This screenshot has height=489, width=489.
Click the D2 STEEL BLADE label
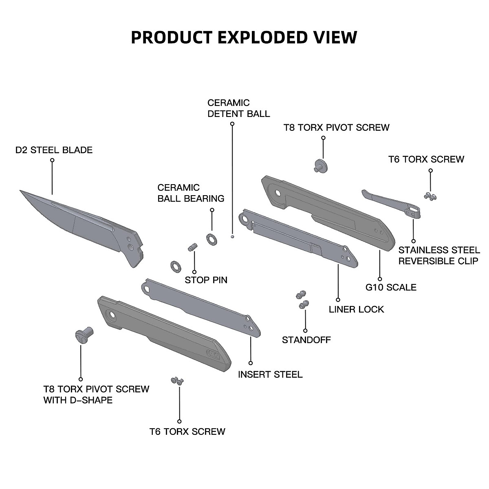click(x=54, y=150)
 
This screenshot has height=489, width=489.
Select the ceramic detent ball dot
click(x=232, y=236)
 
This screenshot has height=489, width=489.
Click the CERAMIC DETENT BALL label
click(x=238, y=108)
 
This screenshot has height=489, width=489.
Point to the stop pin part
click(x=192, y=247)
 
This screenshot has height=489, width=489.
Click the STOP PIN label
click(x=206, y=280)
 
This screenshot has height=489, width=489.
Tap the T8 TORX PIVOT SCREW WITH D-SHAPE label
click(x=96, y=394)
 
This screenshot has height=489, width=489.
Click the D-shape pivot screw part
click(x=84, y=335)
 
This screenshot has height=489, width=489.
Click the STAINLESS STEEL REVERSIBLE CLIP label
click(x=439, y=256)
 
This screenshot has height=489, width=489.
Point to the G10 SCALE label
click(x=391, y=287)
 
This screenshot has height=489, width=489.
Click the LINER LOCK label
click(x=356, y=309)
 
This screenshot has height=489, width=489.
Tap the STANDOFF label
click(x=306, y=340)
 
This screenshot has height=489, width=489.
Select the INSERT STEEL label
click(x=270, y=374)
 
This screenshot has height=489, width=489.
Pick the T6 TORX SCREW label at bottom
click(x=187, y=432)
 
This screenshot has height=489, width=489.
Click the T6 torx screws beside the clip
click(x=430, y=196)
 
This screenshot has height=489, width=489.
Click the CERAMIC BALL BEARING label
click(x=191, y=193)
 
